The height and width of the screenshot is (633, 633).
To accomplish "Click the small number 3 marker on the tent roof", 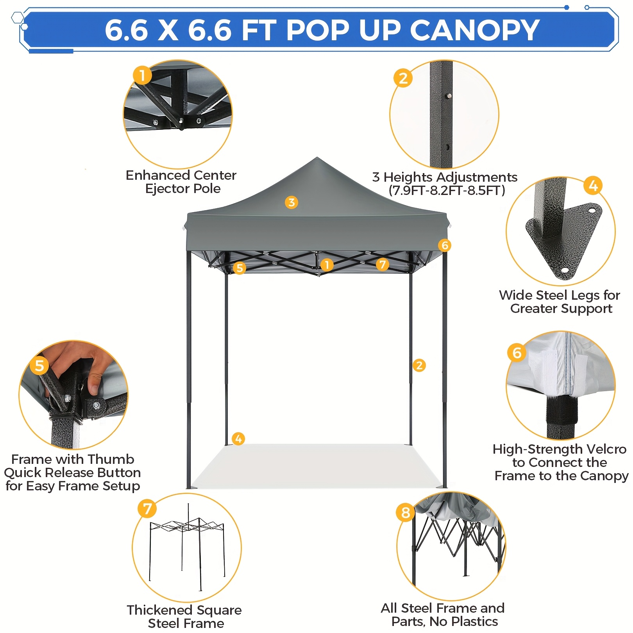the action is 291,202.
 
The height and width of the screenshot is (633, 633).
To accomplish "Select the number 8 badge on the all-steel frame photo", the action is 406,512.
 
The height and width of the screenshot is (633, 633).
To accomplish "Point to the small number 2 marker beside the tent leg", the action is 419,365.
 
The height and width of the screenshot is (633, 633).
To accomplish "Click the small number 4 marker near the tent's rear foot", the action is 238,439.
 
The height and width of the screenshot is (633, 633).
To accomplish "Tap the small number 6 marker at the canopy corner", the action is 445,245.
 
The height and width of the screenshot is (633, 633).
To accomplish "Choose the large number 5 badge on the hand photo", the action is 39,366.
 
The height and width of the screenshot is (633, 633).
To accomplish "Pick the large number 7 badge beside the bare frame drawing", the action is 147,509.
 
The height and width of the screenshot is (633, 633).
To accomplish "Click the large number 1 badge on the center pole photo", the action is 142,75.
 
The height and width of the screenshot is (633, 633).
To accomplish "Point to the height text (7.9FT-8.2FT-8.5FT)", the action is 447,191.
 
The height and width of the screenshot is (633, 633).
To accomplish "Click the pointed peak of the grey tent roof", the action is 317,158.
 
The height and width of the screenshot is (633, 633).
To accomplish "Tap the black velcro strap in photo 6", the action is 561,410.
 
